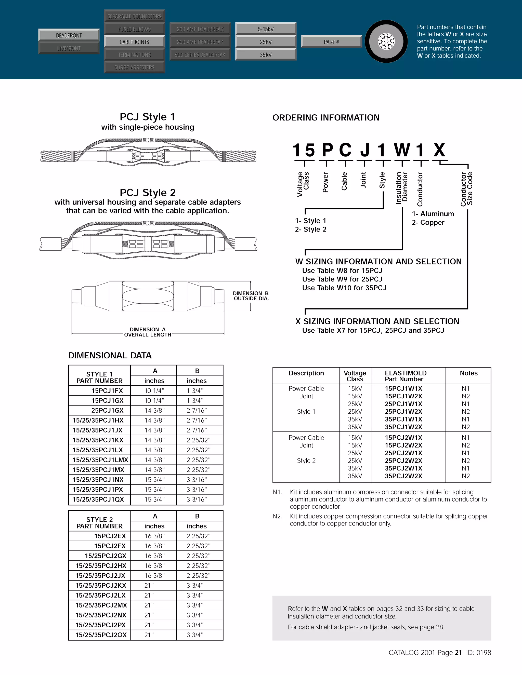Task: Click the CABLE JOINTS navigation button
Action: pos(134,42)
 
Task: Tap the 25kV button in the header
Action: pos(266,42)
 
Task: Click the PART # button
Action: pos(331,42)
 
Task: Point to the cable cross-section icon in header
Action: pos(386,42)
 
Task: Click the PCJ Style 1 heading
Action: pos(148,117)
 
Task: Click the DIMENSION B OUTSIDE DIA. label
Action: pos(251,296)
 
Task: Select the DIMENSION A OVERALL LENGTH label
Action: pos(148,332)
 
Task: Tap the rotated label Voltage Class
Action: pos(303,184)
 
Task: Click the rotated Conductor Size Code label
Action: pos(467,189)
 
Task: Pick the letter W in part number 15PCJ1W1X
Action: pos(402,150)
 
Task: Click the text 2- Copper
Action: pos(428,223)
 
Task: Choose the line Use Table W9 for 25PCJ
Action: pos(342,279)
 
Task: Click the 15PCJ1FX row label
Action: pos(107,391)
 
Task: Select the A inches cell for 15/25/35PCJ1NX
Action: pos(154,480)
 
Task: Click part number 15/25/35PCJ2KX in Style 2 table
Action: pos(101,585)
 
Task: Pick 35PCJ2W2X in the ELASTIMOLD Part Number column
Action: pos(403,476)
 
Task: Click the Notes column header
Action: pos(468,373)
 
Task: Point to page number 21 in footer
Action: pos(458,652)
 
